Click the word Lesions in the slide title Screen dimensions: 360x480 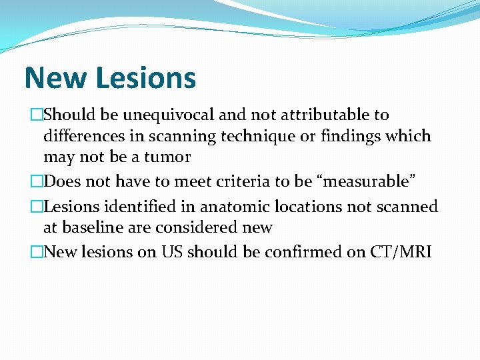[146, 78]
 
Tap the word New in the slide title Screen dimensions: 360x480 [56, 78]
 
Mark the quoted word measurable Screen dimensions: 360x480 [368, 181]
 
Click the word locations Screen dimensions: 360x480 [305, 207]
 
